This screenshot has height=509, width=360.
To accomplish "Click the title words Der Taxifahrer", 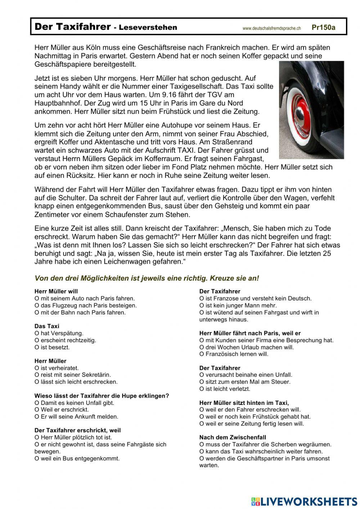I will pyautogui.click(x=72, y=27).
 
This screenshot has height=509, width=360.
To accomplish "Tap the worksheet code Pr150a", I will pyautogui.click(x=323, y=27).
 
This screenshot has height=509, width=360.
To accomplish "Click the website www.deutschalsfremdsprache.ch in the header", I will pyautogui.click(x=271, y=28).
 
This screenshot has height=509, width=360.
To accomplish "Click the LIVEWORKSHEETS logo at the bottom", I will pyautogui.click(x=304, y=501).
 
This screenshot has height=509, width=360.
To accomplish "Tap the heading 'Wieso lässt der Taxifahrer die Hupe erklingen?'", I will pyautogui.click(x=102, y=396).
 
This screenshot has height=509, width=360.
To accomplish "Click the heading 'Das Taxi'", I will pyautogui.click(x=47, y=326).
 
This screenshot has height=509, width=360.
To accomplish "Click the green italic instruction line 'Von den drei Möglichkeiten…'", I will pyautogui.click(x=147, y=278).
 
